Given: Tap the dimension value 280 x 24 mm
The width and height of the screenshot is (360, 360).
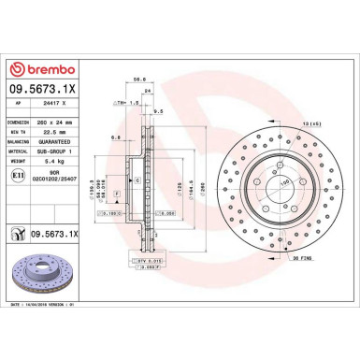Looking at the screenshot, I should pos(62,121).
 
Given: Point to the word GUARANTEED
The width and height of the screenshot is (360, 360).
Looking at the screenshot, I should pos(63,139).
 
